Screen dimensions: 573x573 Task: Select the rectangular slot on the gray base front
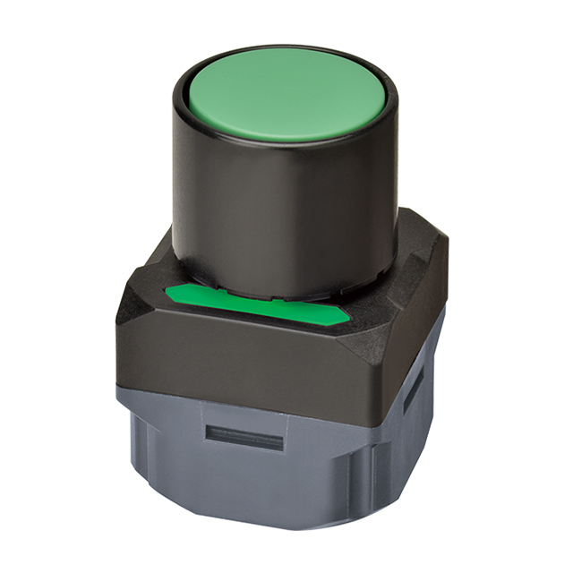[x=244, y=438]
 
